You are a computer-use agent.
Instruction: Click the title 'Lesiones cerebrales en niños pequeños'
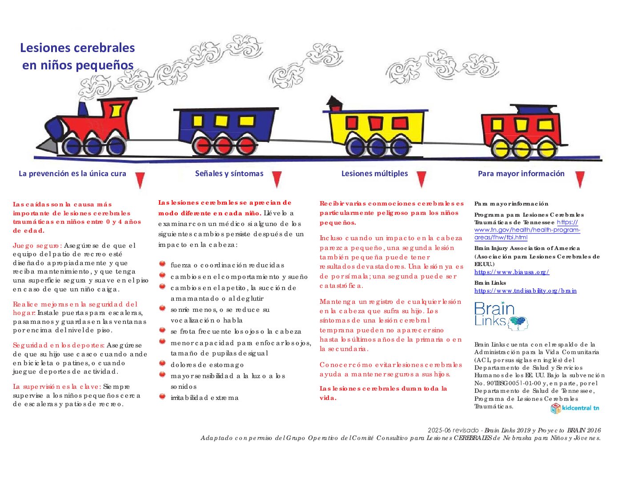[x=77, y=56]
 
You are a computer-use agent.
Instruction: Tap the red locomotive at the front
[x=89, y=127]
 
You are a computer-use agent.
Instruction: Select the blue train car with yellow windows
[x=229, y=129]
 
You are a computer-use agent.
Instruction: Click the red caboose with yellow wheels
[x=522, y=131]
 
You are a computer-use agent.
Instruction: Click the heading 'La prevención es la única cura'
[x=72, y=173]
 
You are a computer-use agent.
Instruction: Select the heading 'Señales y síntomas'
[x=229, y=173]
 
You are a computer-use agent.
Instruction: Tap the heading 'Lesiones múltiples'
[x=374, y=173]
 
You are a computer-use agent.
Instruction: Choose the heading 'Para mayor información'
[x=521, y=173]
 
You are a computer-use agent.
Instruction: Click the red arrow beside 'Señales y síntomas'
[x=277, y=179]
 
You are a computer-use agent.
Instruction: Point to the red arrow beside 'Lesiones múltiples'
[x=421, y=179]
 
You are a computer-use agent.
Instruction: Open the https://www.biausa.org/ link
[x=511, y=272]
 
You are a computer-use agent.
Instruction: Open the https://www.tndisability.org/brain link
[x=525, y=291]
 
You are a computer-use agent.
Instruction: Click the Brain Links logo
[x=500, y=316]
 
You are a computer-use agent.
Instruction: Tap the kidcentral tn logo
[x=575, y=408]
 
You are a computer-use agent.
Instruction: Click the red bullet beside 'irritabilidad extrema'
[x=162, y=396]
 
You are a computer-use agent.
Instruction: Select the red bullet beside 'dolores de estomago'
[x=162, y=363]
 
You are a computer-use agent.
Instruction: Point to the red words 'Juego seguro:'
[x=37, y=246]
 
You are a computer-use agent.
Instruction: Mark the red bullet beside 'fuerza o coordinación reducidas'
[x=162, y=264]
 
